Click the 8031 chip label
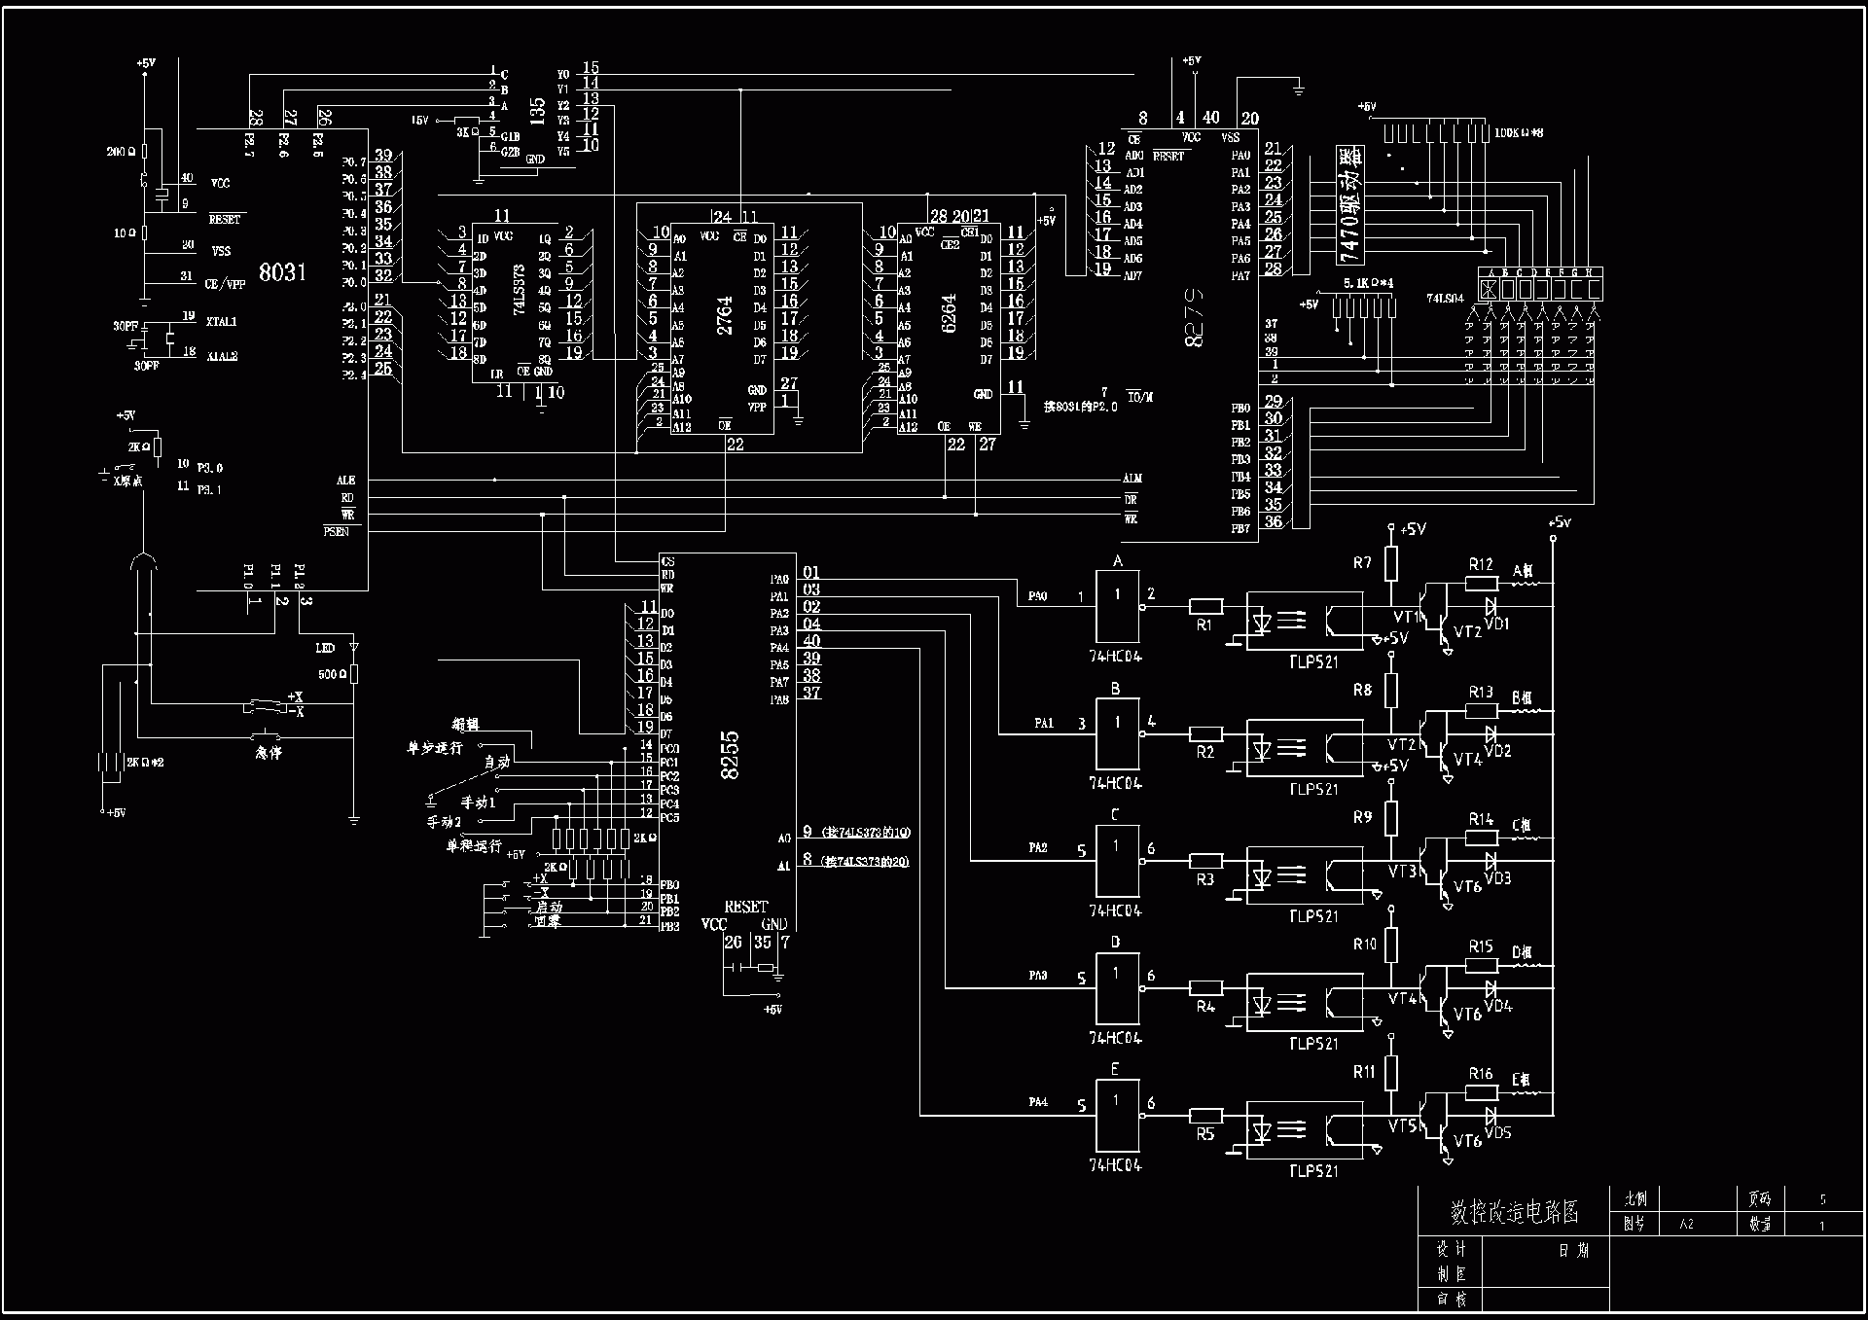[282, 272]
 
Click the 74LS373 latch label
[519, 290]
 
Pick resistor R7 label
[1362, 562]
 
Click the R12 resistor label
[1481, 564]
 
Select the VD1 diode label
[1498, 624]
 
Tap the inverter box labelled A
[1117, 602]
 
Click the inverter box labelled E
[1117, 1115]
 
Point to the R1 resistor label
[1204, 625]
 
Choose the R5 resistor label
[1205, 1134]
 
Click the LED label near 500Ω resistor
[325, 648]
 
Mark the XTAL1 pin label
[222, 321]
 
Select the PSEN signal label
[337, 532]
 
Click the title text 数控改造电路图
[1514, 1212]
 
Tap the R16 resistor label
[1481, 1074]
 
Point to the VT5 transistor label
[1402, 1125]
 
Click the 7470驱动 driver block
[1350, 205]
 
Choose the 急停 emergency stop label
[269, 753]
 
